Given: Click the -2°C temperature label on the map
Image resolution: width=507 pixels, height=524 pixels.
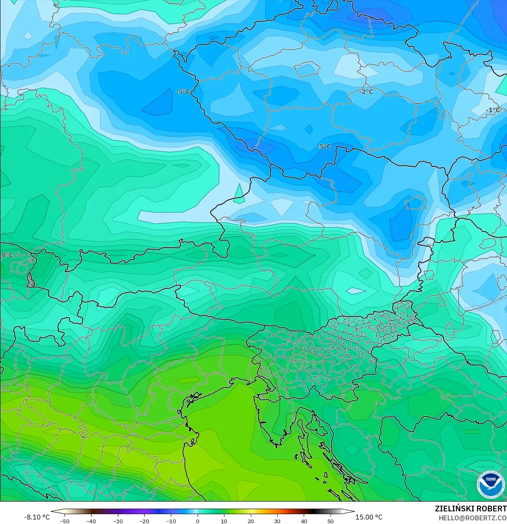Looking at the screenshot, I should pyautogui.click(x=366, y=92).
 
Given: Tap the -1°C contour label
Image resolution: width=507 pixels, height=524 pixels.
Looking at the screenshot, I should pyautogui.click(x=493, y=110).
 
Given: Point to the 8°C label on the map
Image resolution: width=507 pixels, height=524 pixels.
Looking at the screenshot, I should pyautogui.click(x=7, y=255).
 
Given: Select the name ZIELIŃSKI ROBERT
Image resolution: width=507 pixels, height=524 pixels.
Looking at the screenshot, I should pyautogui.click(x=470, y=509).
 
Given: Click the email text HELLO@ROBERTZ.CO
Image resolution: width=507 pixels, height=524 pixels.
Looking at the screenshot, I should pyautogui.click(x=472, y=518).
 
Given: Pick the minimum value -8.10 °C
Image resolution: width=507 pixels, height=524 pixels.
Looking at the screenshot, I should pyautogui.click(x=37, y=517).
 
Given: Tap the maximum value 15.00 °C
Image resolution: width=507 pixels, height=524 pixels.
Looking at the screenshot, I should pyautogui.click(x=369, y=517).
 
